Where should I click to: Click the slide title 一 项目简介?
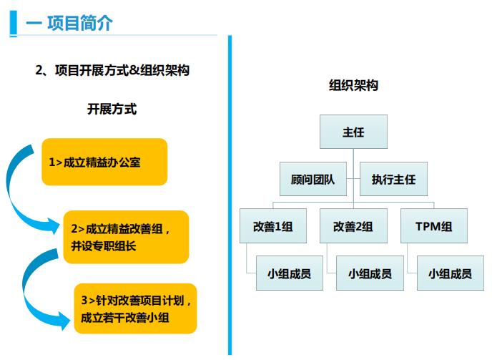[x=69, y=23]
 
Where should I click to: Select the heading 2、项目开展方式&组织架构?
[x=112, y=70]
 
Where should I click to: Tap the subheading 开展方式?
[x=112, y=110]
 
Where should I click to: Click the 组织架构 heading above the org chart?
[x=353, y=85]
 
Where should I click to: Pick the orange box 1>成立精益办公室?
[x=104, y=162]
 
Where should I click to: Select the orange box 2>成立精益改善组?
[x=126, y=237]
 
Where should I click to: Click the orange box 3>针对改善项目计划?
[x=135, y=308]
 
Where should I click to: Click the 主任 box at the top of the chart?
[x=353, y=132]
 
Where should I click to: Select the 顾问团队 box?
[x=313, y=179]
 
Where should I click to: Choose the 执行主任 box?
[x=393, y=179]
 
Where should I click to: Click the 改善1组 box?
[x=273, y=226]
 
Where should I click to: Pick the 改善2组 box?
[x=353, y=226]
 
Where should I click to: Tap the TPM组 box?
[x=434, y=226]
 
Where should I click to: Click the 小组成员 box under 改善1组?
[x=290, y=273]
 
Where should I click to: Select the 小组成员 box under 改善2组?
[x=370, y=273]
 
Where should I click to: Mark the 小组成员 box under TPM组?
[x=451, y=273]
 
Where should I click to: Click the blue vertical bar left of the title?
[x=13, y=24]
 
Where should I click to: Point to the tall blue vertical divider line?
[x=230, y=195]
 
